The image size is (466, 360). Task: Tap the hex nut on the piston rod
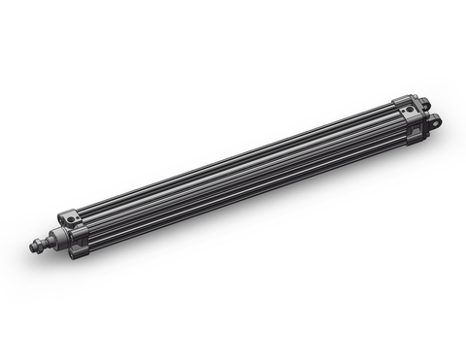pos(45,242)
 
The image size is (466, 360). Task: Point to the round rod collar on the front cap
pos(64,234)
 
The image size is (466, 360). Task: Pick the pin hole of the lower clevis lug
pos(434,120)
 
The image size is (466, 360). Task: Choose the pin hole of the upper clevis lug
pos(422,101)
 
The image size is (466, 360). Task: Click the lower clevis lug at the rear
pos(431,121)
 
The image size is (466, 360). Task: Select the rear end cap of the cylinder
pos(408,121)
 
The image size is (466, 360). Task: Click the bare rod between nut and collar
pos(54,238)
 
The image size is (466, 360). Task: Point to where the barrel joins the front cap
pos(90,229)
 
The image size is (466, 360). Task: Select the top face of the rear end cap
pos(403,103)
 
